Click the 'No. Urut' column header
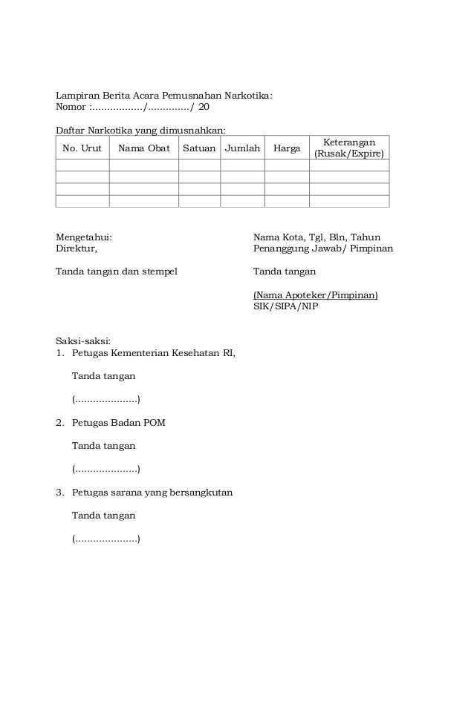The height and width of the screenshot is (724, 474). coord(82,148)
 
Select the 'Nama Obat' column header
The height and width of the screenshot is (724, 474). coord(143,148)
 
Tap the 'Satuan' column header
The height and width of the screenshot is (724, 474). coord(199,148)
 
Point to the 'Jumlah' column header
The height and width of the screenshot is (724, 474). coord(243,148)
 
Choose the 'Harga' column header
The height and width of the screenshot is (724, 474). coord(287,148)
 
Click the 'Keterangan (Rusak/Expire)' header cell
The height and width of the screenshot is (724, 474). coord(348,148)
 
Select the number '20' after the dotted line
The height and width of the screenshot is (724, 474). coord(204,107)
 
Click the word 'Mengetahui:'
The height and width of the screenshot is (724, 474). coord(84,237)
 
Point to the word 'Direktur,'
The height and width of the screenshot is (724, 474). coord(77,249)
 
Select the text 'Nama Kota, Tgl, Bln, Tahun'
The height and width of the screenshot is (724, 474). coord(316,237)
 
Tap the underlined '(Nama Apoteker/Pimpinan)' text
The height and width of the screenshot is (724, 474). coord(315,294)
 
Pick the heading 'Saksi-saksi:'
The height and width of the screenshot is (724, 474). coord(83,341)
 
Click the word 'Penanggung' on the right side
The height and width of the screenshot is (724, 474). coord(279,249)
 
